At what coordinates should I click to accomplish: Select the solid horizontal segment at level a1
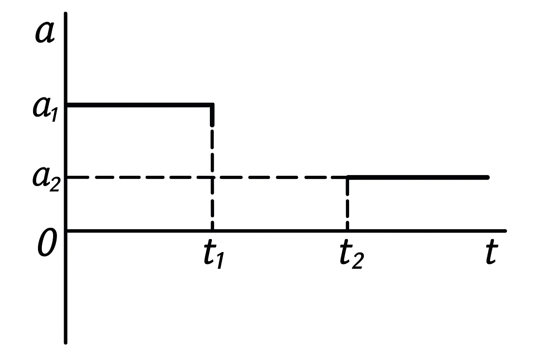coord(139,105)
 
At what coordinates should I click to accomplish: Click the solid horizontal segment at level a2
coord(418,177)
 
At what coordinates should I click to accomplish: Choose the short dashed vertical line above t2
coord(347,204)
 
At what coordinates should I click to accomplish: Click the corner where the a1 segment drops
coord(212,105)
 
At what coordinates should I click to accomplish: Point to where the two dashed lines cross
coord(212,177)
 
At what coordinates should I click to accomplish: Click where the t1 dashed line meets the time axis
coord(212,231)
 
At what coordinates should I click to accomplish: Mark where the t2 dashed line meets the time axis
coord(347,231)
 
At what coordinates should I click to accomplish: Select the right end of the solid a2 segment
coord(487,177)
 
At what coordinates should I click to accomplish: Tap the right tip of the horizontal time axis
coord(505,231)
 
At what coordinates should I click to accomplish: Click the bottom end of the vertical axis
coord(66,342)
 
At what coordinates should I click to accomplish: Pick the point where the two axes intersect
coord(66,231)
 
